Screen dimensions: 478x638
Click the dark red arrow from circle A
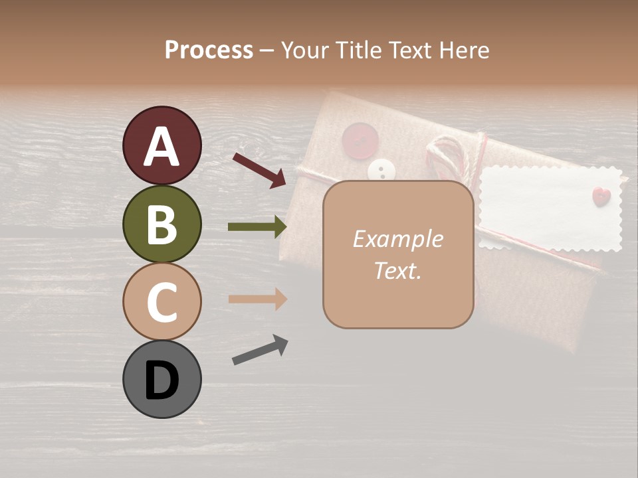[259, 169]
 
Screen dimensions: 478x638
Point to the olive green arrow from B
[257, 227]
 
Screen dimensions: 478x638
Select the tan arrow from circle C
[257, 299]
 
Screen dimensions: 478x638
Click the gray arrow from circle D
[260, 350]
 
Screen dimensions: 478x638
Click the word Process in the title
[209, 50]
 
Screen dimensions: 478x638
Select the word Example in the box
[397, 239]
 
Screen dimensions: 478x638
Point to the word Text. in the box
[397, 270]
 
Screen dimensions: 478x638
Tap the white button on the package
[381, 171]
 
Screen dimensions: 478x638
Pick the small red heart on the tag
[601, 197]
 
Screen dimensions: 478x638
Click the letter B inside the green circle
[161, 224]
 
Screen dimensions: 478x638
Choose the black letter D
[161, 380]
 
